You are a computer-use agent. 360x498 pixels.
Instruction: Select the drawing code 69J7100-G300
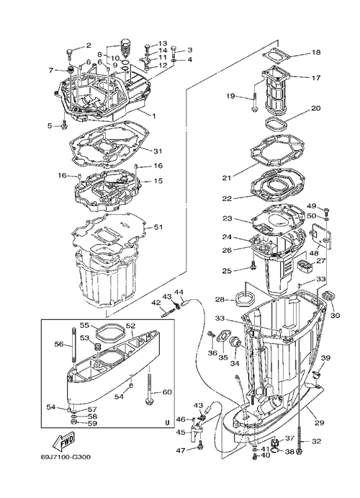point(66,458)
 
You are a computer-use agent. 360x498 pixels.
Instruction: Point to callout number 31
point(158,151)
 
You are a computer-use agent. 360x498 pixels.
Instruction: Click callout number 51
point(158,227)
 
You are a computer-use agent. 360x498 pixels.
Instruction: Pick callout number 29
point(320,423)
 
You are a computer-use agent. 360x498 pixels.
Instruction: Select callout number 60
point(168,392)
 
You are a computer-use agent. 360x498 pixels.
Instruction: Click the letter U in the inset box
point(167,422)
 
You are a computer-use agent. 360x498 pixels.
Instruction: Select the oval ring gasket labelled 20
point(275,123)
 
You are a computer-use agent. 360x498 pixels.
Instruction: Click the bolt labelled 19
point(255,102)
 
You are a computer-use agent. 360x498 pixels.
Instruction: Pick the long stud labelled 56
point(74,345)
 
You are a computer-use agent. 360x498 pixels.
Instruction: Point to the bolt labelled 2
point(69,55)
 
